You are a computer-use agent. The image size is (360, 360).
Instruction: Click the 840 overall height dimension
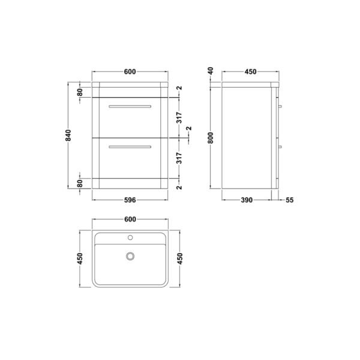(x=68, y=135)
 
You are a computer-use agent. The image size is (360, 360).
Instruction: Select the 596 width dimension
(x=130, y=200)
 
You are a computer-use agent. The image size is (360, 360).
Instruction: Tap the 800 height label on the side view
(x=211, y=138)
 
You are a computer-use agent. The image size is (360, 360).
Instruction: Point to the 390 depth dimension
(x=247, y=200)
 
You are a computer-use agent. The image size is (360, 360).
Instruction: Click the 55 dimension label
(x=290, y=200)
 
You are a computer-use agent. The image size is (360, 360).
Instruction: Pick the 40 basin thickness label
(x=211, y=70)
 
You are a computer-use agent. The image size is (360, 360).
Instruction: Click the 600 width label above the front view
(x=130, y=71)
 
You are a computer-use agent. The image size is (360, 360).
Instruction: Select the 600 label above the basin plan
(x=130, y=219)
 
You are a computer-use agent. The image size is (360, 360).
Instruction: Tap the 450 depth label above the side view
(x=250, y=71)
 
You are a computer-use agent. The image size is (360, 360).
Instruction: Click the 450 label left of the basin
(x=80, y=259)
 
